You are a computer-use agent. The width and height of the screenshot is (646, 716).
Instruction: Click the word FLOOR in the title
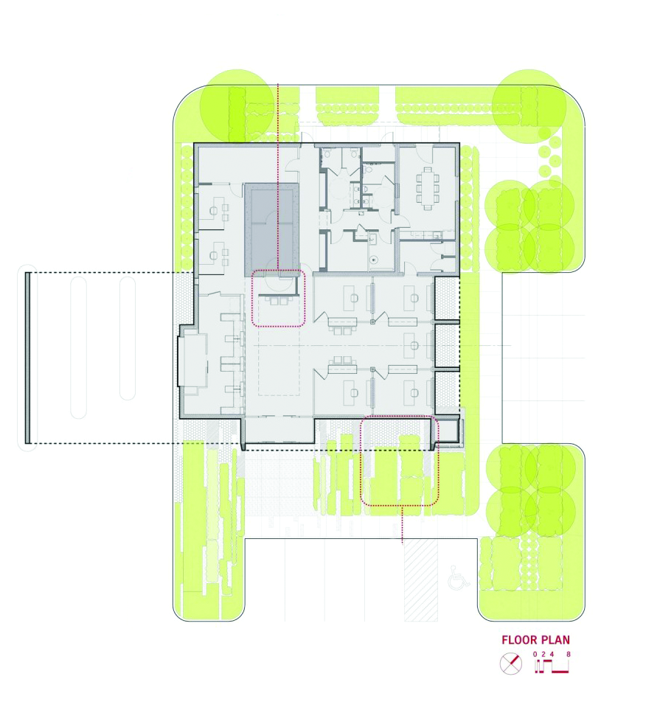click(x=521, y=640)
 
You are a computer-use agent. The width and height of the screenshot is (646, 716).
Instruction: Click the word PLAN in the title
click(x=555, y=640)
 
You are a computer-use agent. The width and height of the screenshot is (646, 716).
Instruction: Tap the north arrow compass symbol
click(x=510, y=664)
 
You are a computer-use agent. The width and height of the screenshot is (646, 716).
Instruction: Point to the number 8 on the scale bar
click(x=569, y=654)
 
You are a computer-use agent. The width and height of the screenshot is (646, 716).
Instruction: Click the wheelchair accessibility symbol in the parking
click(x=458, y=577)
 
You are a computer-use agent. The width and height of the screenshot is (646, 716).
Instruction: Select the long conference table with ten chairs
click(x=428, y=185)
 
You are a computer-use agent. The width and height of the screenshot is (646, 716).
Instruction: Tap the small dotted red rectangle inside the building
click(x=278, y=298)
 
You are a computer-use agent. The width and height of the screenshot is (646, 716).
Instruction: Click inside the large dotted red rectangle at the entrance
click(x=399, y=462)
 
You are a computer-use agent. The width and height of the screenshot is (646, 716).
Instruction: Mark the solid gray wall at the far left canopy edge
click(x=27, y=358)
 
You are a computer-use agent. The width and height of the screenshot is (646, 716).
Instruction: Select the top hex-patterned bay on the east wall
click(x=445, y=298)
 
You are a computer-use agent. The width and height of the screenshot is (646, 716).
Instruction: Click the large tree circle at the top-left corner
click(x=237, y=105)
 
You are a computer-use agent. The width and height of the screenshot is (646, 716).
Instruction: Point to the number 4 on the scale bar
click(x=552, y=654)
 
